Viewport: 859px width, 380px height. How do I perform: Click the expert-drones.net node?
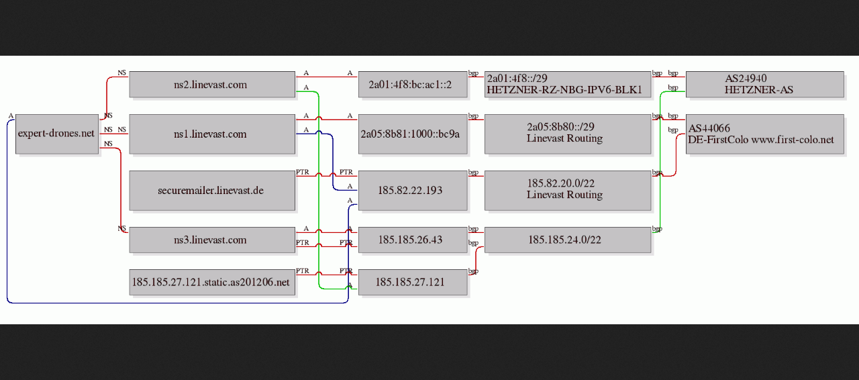tap(57, 134)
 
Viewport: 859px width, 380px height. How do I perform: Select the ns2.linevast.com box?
tap(212, 85)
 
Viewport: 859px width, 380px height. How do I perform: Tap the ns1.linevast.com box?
tap(212, 134)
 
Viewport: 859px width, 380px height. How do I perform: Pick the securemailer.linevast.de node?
tap(212, 191)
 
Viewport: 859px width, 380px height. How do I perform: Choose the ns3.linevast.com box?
tap(212, 240)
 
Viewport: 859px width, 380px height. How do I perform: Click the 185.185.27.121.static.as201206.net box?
tap(212, 282)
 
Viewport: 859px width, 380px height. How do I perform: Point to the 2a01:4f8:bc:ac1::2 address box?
tap(413, 85)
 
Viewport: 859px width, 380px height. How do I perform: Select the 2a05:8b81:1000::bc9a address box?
tap(413, 134)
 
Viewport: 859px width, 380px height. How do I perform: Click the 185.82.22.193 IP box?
tap(413, 191)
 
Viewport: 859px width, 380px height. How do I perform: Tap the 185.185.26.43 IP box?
tap(413, 240)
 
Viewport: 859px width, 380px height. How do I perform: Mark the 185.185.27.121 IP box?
tap(413, 282)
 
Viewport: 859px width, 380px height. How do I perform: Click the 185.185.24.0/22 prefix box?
tap(568, 240)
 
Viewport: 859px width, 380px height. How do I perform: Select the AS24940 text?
tap(746, 79)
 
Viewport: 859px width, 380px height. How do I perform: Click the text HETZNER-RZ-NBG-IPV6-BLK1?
tap(564, 90)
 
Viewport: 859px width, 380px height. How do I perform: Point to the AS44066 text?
tap(709, 128)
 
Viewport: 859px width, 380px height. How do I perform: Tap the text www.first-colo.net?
tap(793, 140)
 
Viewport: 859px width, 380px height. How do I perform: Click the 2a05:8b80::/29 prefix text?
tap(560, 127)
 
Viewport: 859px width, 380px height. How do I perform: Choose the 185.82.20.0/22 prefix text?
tap(560, 183)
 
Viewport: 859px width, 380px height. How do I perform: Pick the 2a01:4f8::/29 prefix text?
tap(517, 79)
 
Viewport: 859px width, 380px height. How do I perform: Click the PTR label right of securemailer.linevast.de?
tap(302, 172)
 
